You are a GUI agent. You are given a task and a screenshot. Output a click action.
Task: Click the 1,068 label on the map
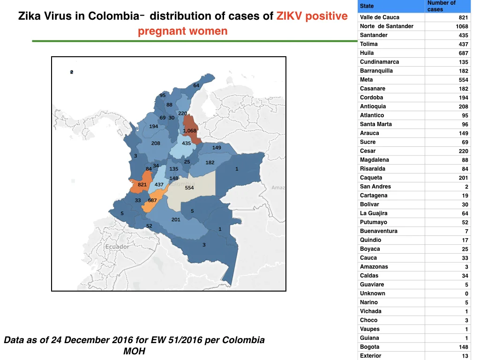189,131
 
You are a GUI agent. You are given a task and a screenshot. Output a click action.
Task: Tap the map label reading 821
142,185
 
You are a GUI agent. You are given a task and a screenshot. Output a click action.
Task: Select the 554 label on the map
189,187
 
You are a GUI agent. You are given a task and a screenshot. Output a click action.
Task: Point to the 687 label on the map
152,201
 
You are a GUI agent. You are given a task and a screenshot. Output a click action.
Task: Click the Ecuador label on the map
117,247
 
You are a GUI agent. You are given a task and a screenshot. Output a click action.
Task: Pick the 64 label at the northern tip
196,85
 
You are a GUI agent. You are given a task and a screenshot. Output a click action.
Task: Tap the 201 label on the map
176,219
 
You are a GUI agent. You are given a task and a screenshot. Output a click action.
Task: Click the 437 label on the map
159,185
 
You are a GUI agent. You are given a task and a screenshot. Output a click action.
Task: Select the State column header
367,6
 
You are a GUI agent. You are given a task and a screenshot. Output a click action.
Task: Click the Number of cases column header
442,6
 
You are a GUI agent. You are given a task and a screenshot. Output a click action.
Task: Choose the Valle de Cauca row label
380,17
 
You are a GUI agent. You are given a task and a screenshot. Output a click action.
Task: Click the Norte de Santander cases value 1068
462,26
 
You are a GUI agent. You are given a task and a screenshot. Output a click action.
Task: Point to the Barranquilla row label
376,71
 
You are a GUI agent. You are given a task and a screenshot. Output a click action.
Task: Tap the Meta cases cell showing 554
463,80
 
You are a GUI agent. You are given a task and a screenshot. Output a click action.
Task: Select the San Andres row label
375,187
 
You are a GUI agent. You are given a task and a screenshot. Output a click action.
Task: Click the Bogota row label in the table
369,347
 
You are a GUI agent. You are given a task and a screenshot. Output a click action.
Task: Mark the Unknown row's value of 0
466,293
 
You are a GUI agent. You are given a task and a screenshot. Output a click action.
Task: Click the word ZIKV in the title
289,16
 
